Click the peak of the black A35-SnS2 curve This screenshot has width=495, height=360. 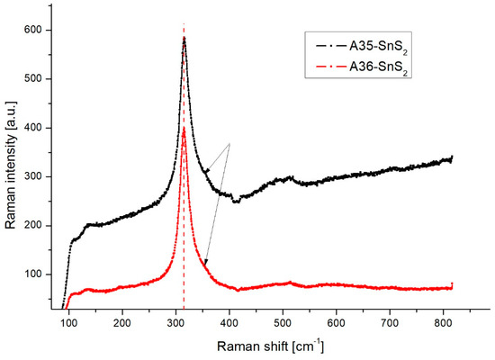pos(184,39)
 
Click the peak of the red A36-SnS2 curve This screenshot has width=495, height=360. pos(184,129)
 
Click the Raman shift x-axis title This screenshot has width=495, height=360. pos(269,345)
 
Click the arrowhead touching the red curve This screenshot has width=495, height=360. pos(206,263)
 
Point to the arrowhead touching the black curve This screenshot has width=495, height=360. pos(206,170)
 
